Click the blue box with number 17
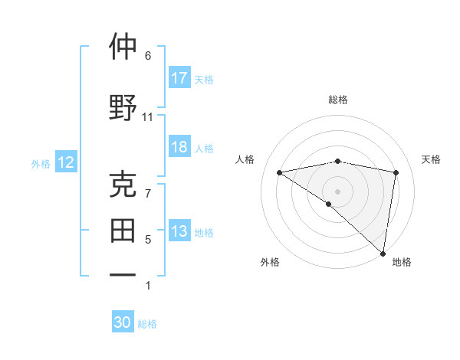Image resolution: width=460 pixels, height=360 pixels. point(179,78)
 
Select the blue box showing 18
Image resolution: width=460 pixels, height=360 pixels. point(179,147)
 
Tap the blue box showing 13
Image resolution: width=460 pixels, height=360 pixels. point(179,231)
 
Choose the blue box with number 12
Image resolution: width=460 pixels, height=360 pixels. point(65,162)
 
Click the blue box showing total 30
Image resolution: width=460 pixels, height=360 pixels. point(123,322)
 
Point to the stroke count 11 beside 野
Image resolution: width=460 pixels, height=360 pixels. point(147,117)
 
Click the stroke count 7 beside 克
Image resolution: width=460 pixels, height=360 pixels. point(147,193)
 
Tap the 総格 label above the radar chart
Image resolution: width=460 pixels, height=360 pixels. point(338,100)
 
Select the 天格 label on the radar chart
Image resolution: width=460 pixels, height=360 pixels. point(431,159)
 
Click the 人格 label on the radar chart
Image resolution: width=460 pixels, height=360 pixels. point(245,159)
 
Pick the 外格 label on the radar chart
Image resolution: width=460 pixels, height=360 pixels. point(270,262)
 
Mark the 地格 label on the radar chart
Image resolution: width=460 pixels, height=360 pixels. point(402,262)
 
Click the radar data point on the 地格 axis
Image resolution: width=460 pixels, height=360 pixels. point(383,253)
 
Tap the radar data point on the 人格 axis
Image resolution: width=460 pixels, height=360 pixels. point(280,172)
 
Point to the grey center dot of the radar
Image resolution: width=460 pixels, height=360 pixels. point(338,190)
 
